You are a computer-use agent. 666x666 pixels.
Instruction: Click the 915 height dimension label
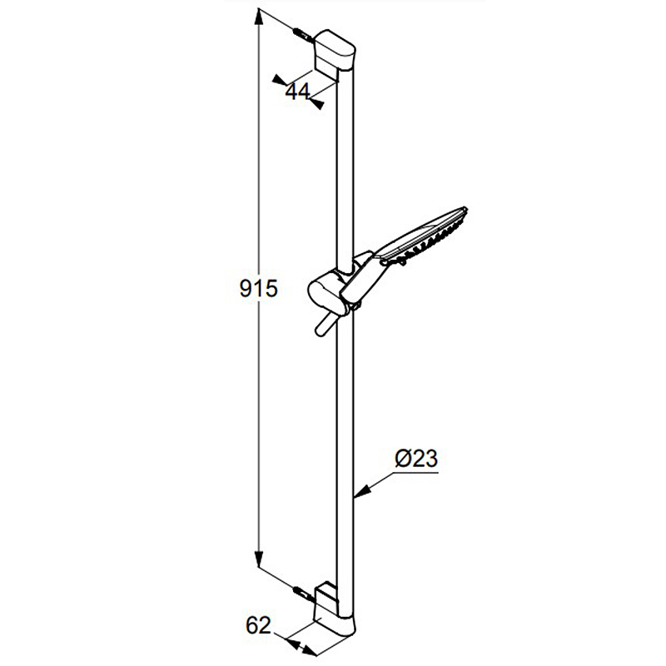tap(258, 288)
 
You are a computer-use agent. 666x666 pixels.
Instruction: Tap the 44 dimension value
tap(298, 92)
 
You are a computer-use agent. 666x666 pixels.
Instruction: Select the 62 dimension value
tap(258, 625)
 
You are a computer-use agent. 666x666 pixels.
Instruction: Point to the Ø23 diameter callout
tap(415, 459)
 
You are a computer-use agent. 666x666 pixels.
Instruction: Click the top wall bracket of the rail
tap(335, 53)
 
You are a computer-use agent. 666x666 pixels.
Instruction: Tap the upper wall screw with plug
tap(303, 35)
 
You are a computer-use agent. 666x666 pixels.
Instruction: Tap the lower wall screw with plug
tap(304, 594)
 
